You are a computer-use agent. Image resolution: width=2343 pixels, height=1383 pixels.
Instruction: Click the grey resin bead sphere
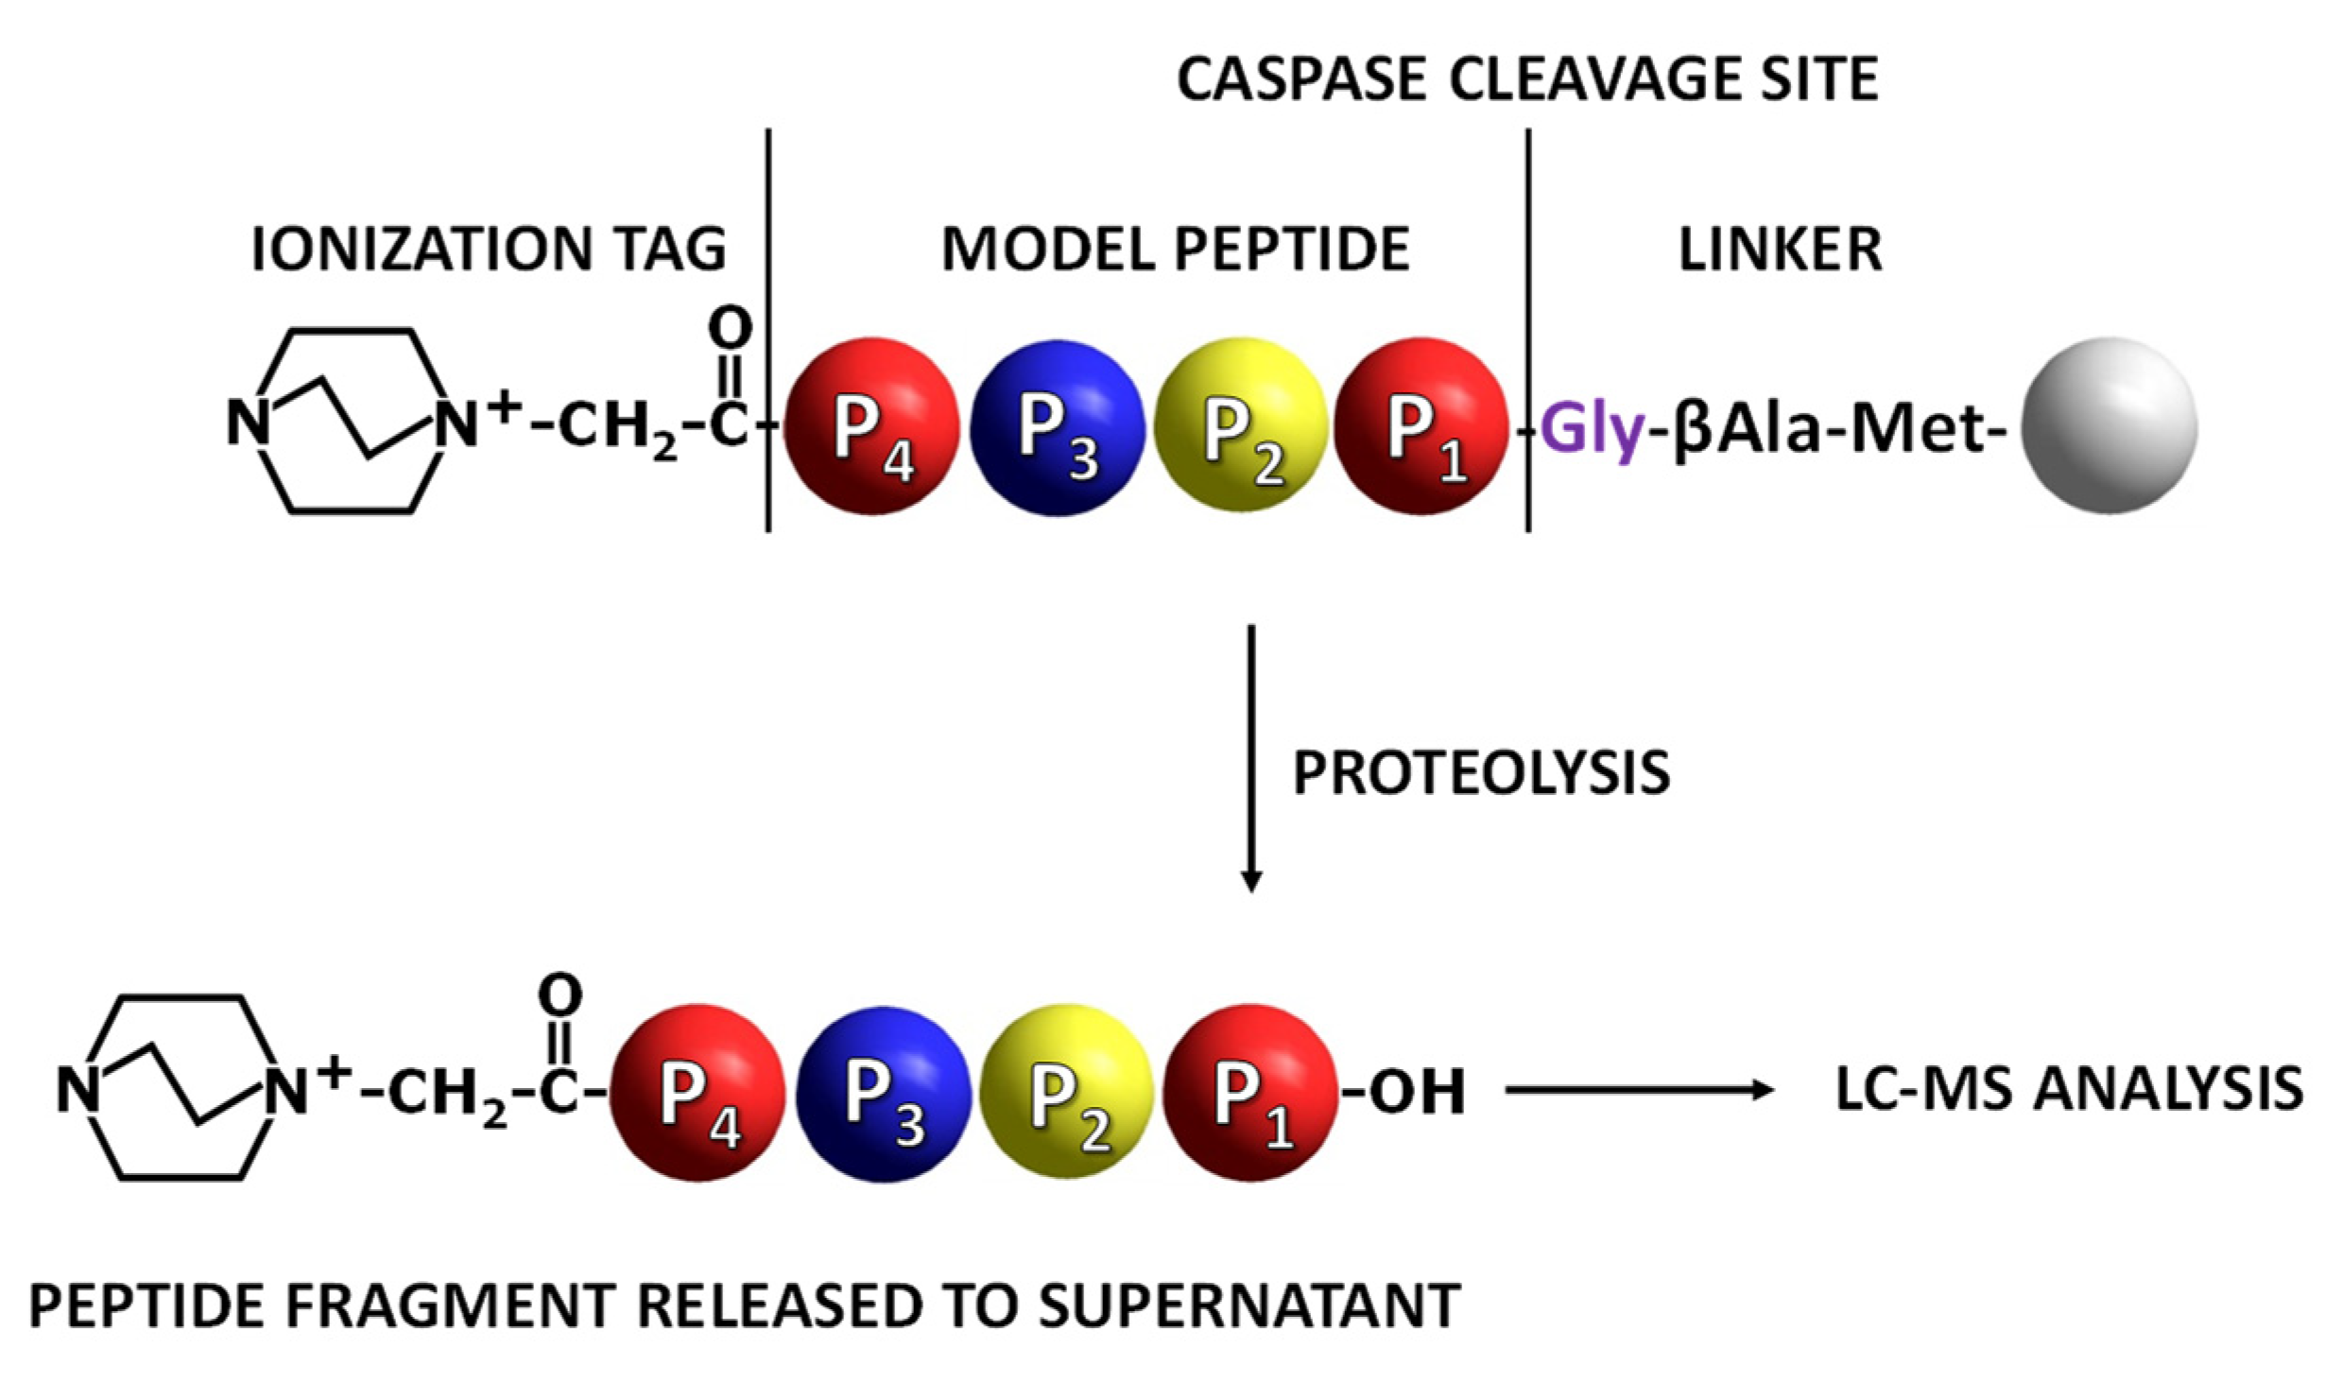pyautogui.click(x=2109, y=425)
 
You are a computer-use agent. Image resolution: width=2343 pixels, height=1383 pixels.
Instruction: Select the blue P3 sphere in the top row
pyautogui.click(x=1057, y=427)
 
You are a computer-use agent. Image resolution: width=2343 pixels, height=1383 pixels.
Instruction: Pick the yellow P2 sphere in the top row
pyautogui.click(x=1241, y=427)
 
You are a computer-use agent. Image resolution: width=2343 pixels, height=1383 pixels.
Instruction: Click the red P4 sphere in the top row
pyautogui.click(x=871, y=427)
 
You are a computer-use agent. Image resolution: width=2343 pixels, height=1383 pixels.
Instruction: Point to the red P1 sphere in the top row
pyautogui.click(x=1422, y=427)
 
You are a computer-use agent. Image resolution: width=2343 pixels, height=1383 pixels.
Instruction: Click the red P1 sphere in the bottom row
pyautogui.click(x=1250, y=1094)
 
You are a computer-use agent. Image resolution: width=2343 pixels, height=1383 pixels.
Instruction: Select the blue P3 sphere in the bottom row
pyautogui.click(x=883, y=1094)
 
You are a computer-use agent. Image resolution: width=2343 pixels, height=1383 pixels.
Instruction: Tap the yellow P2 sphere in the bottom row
pyautogui.click(x=1067, y=1094)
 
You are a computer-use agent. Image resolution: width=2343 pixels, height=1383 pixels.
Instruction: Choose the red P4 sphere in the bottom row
pyautogui.click(x=698, y=1094)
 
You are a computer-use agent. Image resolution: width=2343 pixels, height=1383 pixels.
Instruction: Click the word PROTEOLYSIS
pyautogui.click(x=1481, y=772)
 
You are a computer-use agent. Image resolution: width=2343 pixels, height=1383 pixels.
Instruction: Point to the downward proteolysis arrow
pyautogui.click(x=1251, y=756)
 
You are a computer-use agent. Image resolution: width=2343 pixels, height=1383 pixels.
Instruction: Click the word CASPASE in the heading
pyautogui.click(x=1301, y=79)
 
